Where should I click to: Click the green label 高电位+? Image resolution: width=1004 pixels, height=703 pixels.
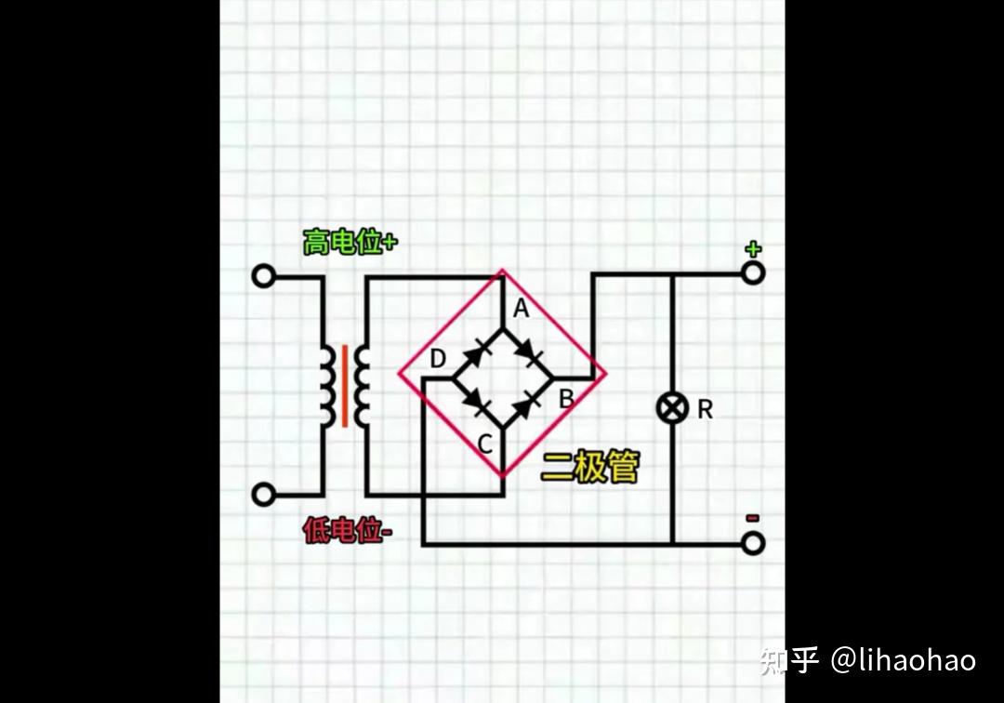point(350,243)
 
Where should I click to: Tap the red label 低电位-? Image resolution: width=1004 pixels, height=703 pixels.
point(348,531)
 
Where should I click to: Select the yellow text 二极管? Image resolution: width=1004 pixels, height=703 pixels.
point(590,468)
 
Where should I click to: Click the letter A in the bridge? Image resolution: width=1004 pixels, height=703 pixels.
point(522,310)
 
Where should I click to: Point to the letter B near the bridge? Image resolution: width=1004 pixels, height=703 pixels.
point(565,400)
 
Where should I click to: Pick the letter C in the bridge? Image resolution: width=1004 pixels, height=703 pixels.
point(484,444)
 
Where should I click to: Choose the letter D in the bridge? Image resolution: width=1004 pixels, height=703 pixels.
point(438,359)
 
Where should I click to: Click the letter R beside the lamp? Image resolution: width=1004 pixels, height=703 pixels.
point(705,409)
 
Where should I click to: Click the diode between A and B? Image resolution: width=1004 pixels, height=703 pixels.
point(528,353)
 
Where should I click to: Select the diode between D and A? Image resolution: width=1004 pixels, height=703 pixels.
point(477,353)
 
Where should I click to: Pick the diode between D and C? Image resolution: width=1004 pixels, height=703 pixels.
point(477,404)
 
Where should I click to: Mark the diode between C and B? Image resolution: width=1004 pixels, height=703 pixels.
point(528,404)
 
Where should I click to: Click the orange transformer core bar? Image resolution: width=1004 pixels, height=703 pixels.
point(345,386)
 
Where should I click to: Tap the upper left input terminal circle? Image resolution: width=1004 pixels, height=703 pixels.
point(264,276)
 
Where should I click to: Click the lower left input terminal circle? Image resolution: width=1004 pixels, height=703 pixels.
point(264,494)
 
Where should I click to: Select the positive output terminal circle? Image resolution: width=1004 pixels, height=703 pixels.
point(753,273)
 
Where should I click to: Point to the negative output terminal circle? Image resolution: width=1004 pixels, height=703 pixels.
point(753,543)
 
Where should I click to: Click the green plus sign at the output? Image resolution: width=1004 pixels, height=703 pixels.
point(753,248)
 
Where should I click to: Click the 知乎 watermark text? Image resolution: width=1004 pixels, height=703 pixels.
point(788,660)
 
